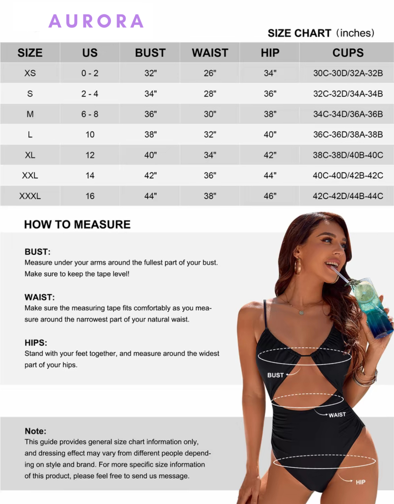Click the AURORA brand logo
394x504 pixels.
tap(96, 21)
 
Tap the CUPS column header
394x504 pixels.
tap(348, 53)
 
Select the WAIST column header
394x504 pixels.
tap(210, 53)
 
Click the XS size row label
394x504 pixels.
tap(30, 73)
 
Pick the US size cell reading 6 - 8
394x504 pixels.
tap(90, 114)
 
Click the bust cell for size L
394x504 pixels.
tap(150, 135)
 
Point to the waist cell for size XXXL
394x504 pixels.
tap(210, 196)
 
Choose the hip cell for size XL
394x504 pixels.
tap(270, 155)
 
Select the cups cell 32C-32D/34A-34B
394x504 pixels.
tap(348, 94)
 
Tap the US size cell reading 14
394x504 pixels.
tap(90, 176)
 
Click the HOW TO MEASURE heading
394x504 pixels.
tap(77, 225)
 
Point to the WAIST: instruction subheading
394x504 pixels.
tap(39, 297)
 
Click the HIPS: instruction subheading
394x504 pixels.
tap(36, 343)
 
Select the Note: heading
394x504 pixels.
tap(35, 431)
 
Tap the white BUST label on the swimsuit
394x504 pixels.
tap(275, 375)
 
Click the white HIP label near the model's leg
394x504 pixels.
tap(360, 482)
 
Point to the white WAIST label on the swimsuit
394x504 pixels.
tap(337, 415)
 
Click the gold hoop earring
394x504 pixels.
tap(297, 266)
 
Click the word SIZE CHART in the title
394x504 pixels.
tap(299, 33)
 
